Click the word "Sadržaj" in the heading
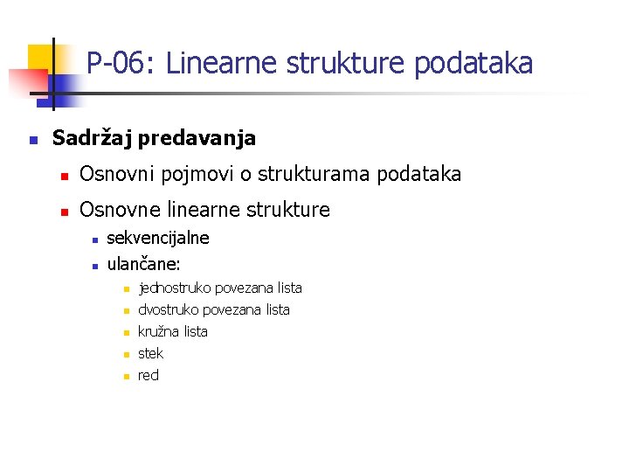[92, 138]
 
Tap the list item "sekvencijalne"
[157, 238]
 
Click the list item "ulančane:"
[143, 262]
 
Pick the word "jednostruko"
[175, 288]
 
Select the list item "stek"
[150, 354]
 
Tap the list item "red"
[149, 376]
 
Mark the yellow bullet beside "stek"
[125, 355]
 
